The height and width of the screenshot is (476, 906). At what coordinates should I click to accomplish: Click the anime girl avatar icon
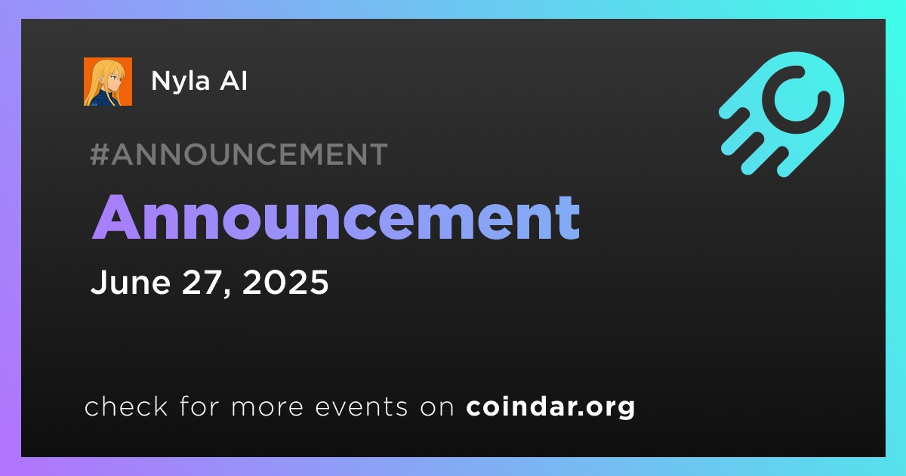(107, 82)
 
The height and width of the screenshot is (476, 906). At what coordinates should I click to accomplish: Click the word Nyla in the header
(180, 82)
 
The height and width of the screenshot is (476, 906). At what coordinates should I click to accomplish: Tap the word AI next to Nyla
(233, 81)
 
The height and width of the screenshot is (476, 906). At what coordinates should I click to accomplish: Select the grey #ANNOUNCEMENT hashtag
(239, 154)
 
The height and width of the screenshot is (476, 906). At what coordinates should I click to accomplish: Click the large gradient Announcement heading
(336, 218)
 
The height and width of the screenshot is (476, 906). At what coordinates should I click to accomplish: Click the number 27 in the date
(201, 282)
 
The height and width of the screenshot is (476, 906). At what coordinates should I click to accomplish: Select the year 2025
(285, 282)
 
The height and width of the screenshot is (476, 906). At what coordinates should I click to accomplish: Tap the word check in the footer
(126, 406)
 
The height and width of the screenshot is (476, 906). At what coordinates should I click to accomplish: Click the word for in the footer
(199, 406)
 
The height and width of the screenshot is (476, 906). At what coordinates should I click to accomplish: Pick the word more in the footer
(267, 409)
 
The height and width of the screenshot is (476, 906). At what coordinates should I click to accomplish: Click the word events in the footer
(362, 407)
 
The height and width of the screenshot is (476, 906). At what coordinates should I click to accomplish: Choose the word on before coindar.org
(437, 409)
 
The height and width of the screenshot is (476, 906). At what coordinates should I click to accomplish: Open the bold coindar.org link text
(550, 406)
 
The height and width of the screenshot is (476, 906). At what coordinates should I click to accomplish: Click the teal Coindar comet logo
(781, 114)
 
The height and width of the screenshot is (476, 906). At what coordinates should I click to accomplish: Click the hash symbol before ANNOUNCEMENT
(99, 154)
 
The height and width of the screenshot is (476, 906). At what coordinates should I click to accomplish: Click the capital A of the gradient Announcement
(116, 218)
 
